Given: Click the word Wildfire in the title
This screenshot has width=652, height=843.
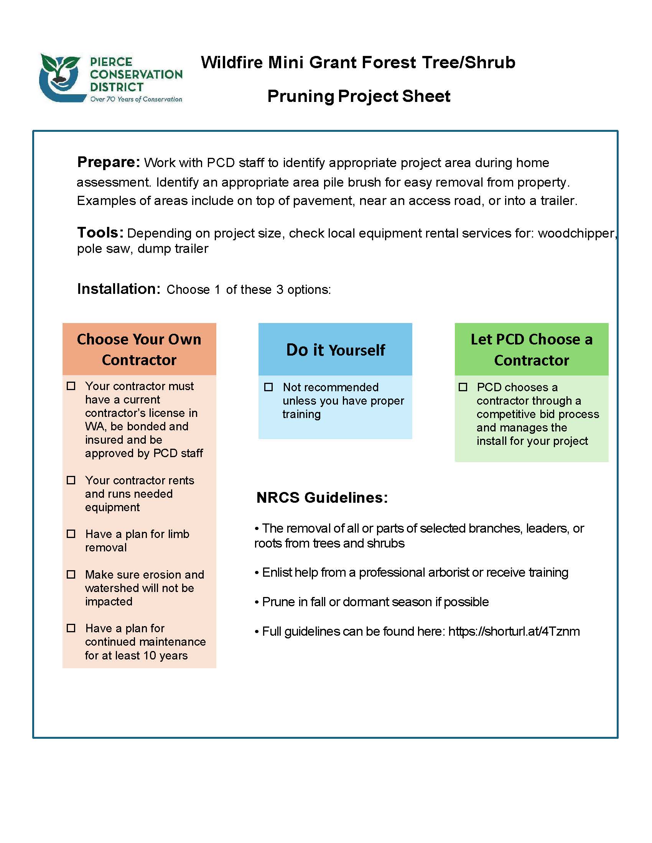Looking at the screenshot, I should pyautogui.click(x=231, y=62).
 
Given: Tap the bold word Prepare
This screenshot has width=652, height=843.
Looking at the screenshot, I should pyautogui.click(x=109, y=162).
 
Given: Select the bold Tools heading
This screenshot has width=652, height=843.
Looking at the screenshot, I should pyautogui.click(x=100, y=233).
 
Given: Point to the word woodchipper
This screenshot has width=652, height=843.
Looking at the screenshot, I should pyautogui.click(x=576, y=233).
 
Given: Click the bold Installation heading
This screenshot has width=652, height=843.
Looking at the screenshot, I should pyautogui.click(x=119, y=289).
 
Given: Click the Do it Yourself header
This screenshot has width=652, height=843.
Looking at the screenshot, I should pyautogui.click(x=335, y=350).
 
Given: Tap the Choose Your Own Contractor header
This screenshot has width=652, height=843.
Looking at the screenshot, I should pyautogui.click(x=139, y=349).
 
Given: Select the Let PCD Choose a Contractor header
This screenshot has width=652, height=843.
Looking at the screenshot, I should pyautogui.click(x=532, y=349).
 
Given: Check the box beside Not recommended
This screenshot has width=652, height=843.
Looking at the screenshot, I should pyautogui.click(x=268, y=387).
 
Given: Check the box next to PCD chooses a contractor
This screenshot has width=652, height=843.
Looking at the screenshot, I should pyautogui.click(x=463, y=387).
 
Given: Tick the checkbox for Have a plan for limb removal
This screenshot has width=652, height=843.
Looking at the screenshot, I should pyautogui.click(x=71, y=534).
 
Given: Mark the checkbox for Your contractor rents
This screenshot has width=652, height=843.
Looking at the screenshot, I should pyautogui.click(x=71, y=480).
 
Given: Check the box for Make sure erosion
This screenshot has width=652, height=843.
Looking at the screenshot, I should pyautogui.click(x=71, y=574).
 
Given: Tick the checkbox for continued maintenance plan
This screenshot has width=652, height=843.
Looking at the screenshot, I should pyautogui.click(x=71, y=628).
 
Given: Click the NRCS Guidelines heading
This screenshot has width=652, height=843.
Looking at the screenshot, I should pyautogui.click(x=322, y=498).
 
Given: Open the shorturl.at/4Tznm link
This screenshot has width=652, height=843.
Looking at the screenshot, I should pyautogui.click(x=514, y=631).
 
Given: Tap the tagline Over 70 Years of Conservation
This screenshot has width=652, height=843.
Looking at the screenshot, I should pyautogui.click(x=136, y=99).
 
